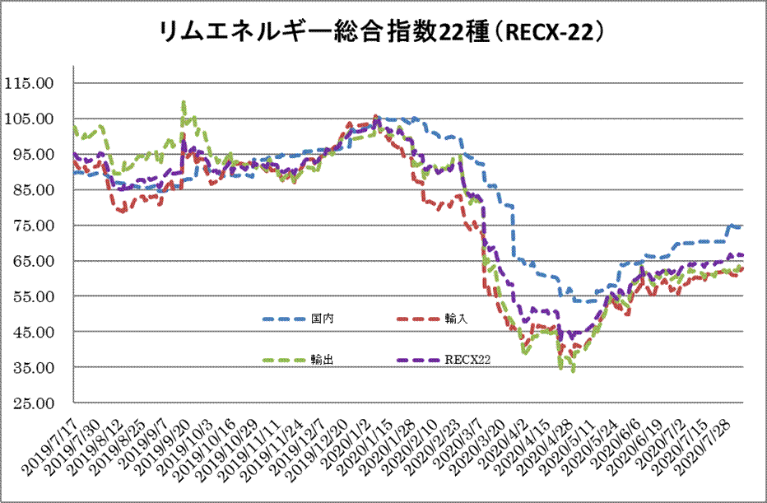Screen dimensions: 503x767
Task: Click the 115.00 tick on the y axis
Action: point(30,83)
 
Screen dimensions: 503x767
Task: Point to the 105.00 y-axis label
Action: point(30,119)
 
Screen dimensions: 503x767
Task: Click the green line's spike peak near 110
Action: point(183,102)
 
